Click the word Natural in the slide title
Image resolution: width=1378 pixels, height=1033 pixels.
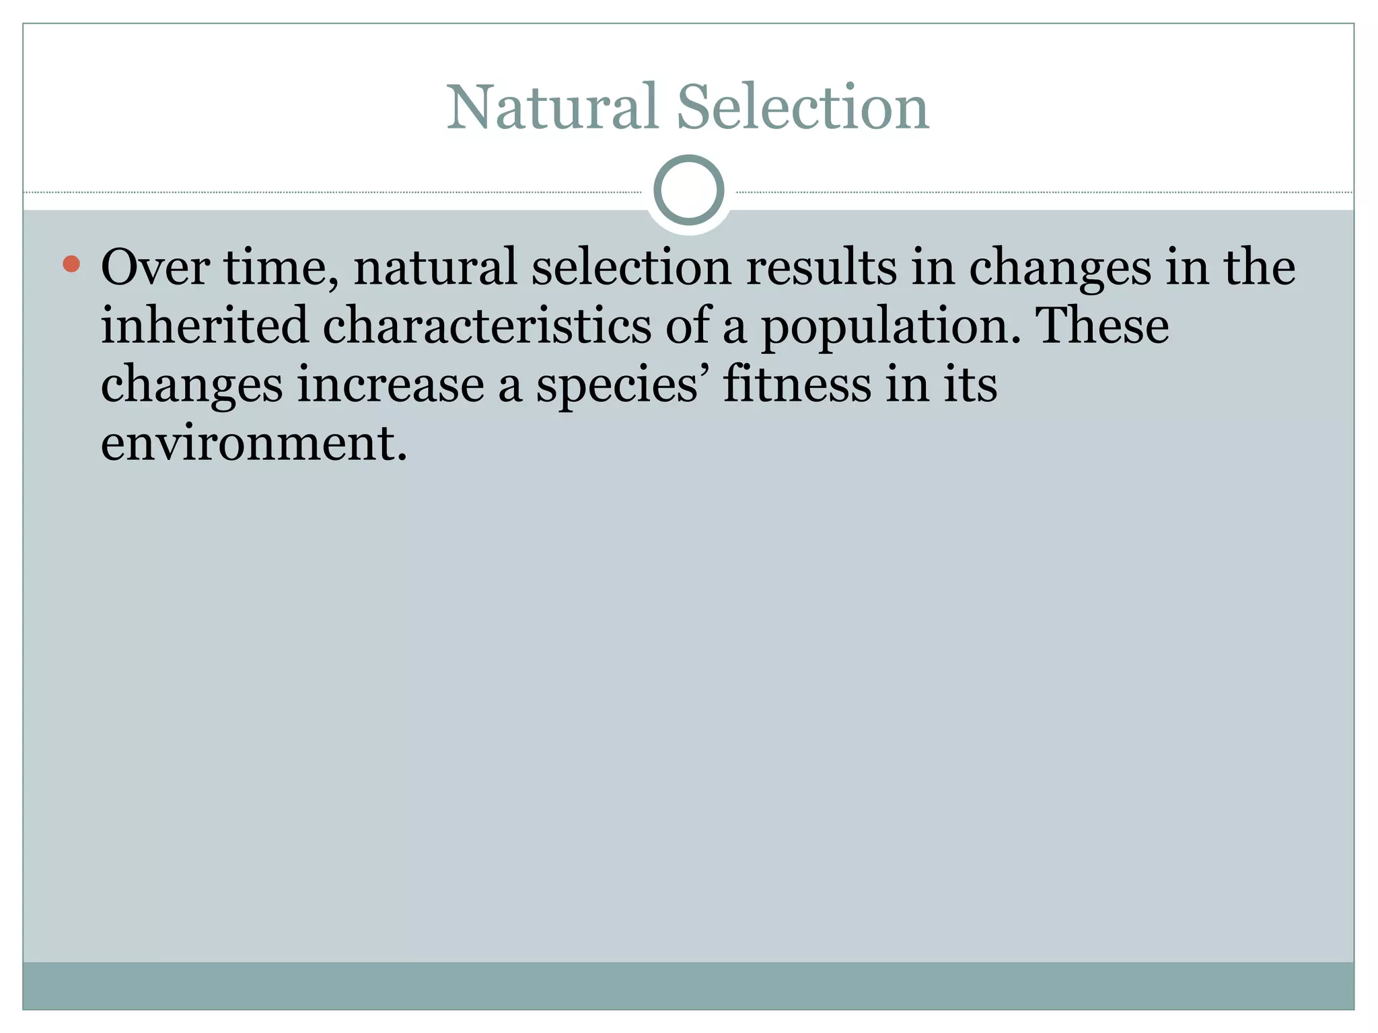coord(552,108)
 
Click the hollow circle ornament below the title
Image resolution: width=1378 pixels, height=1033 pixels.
coord(688,190)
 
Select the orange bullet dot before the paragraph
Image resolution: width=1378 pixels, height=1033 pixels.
coord(71,264)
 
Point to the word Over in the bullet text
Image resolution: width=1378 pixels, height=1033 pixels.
coord(155,267)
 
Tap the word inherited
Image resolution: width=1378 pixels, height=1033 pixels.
coord(205,326)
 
